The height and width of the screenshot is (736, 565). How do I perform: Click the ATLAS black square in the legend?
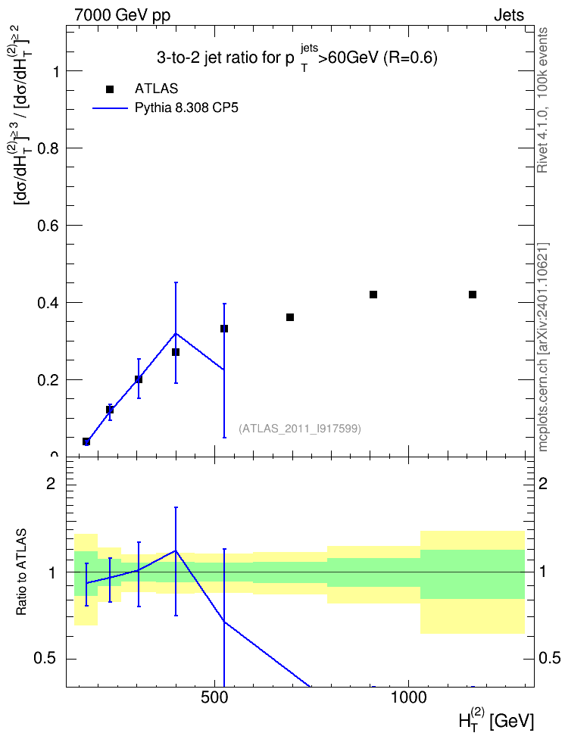[110, 89]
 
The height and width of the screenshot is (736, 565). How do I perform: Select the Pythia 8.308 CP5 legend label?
[186, 108]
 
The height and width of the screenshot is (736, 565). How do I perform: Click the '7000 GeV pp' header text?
[122, 15]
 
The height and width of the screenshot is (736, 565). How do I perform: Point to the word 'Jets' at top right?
[509, 15]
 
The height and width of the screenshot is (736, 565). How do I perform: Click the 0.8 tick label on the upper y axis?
[49, 148]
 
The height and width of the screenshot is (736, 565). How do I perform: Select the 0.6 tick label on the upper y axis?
[49, 226]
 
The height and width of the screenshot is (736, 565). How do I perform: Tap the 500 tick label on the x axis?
[214, 697]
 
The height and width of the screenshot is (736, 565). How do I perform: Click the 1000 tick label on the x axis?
[409, 697]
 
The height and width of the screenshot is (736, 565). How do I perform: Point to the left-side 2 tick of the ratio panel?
[51, 484]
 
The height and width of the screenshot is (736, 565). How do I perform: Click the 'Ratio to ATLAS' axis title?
[21, 572]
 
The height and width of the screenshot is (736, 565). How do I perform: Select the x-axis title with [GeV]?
[496, 719]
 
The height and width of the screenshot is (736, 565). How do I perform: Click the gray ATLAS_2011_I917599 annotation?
[300, 429]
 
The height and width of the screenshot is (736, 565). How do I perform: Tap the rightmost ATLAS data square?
[473, 295]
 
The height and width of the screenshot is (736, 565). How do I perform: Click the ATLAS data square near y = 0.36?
[290, 317]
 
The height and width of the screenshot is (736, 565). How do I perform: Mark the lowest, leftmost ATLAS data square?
[86, 441]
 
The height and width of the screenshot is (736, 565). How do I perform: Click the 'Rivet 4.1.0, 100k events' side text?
[542, 100]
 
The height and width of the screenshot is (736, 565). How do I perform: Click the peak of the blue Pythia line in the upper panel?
[176, 333]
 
